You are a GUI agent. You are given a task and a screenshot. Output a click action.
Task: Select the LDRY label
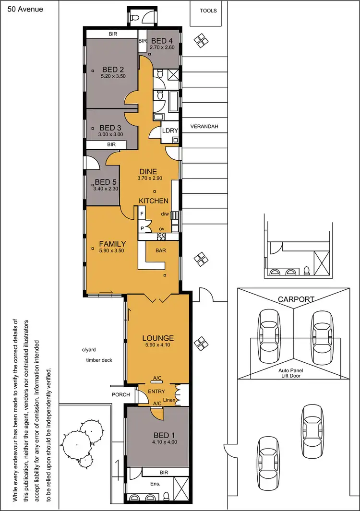[x=170, y=131]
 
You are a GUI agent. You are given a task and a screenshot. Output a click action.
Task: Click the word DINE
[x=148, y=171]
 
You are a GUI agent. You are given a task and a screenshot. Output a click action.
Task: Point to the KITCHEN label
[x=154, y=201]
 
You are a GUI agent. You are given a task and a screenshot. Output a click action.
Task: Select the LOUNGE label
[x=158, y=338]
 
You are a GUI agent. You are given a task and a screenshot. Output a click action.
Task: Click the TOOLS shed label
[x=208, y=11]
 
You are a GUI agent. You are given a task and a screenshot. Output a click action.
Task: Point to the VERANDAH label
[x=204, y=127]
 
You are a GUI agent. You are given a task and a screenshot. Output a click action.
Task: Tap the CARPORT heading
[x=296, y=299]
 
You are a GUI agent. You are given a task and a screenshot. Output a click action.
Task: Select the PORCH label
[x=120, y=395]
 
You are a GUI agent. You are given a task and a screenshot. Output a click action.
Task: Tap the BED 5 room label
[x=106, y=182]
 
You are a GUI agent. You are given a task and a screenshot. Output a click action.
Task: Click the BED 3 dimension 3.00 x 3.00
[x=111, y=134]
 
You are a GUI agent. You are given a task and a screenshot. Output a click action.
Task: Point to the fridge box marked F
[x=142, y=213]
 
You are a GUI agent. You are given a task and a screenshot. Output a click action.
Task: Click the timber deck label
[x=99, y=360]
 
